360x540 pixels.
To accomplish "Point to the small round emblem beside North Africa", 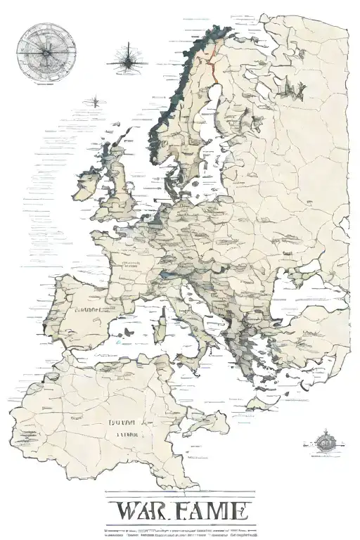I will [x=325, y=442].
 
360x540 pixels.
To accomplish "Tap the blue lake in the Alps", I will [x=169, y=271].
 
